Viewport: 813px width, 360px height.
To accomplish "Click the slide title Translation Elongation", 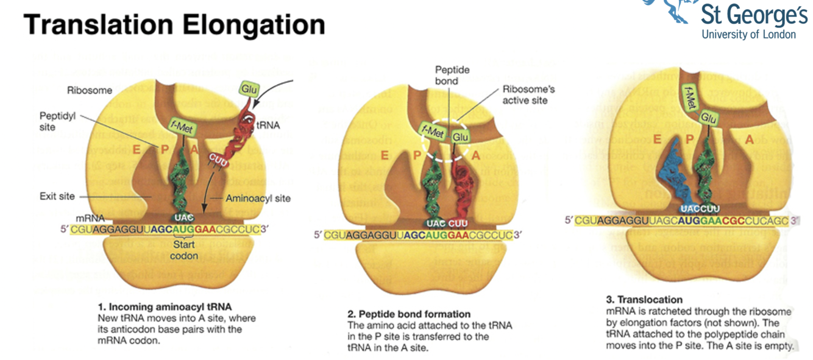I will coord(173,25).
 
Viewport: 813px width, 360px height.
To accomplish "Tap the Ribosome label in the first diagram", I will coord(90,90).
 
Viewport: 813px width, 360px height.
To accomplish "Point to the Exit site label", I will coord(57,197).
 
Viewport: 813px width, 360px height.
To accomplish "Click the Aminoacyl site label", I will coord(258,198).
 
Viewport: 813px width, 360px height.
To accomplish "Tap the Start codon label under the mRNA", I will coord(184,250).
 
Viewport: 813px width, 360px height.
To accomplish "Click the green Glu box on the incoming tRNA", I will coord(248,89).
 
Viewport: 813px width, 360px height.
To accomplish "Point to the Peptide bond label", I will coord(452,76).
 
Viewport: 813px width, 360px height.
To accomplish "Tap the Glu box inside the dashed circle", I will coord(460,137).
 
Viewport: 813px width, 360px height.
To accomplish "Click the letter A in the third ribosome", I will coord(749,139).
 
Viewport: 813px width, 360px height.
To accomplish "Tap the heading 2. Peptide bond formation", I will coord(409,314).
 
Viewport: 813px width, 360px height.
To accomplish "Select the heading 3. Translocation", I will coord(644,299).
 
